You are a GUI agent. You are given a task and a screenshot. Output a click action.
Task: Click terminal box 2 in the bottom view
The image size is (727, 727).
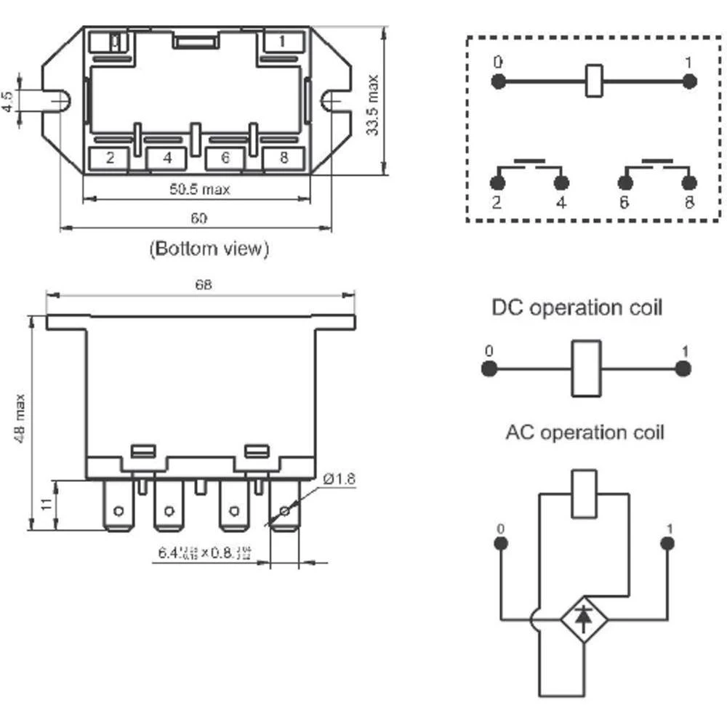110,158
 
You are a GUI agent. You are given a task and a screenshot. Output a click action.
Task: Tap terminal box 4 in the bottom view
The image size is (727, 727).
167,158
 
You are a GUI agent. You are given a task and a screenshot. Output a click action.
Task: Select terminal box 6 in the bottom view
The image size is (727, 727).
225,158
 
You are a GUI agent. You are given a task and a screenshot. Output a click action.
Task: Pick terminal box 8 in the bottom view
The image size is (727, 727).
282,158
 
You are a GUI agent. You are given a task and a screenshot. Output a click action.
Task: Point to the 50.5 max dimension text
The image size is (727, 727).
200,190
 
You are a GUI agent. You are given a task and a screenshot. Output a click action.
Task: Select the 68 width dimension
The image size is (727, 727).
203,285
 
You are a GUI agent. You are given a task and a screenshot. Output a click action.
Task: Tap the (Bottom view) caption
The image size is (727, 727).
209,249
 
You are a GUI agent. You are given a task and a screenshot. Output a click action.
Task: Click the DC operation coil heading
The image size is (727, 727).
577,308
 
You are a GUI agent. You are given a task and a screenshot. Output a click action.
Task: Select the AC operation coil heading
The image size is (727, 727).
585,433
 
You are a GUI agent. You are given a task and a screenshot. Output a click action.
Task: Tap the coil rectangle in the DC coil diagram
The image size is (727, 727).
586,369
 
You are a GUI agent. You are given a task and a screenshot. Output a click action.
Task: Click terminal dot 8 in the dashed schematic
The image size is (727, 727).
689,182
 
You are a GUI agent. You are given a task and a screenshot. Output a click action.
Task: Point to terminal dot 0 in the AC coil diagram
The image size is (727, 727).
500,544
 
